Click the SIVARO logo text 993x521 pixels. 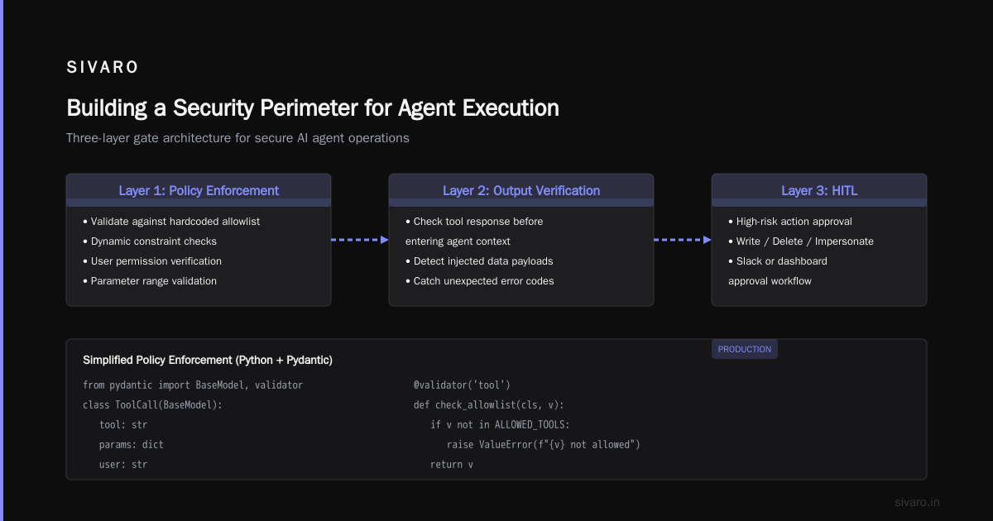click(103, 67)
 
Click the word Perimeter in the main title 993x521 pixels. click(308, 108)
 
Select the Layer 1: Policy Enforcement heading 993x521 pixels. click(199, 190)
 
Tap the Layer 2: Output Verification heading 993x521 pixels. click(521, 190)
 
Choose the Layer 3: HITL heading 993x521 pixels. click(819, 190)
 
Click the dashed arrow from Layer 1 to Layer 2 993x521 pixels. click(359, 240)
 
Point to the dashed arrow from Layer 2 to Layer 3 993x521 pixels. click(683, 240)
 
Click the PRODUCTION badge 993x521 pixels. click(744, 349)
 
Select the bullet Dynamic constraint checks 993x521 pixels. click(150, 241)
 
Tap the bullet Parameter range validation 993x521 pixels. click(150, 281)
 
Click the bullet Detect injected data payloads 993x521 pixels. click(479, 261)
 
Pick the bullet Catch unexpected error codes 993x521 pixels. click(480, 281)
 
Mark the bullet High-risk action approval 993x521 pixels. click(790, 222)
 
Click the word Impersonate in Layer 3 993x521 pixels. click(844, 241)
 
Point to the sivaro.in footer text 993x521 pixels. click(917, 502)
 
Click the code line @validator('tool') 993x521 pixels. click(462, 385)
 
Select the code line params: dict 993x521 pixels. click(132, 444)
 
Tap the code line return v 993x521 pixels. click(451, 464)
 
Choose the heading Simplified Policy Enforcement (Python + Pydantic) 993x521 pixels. click(208, 361)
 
